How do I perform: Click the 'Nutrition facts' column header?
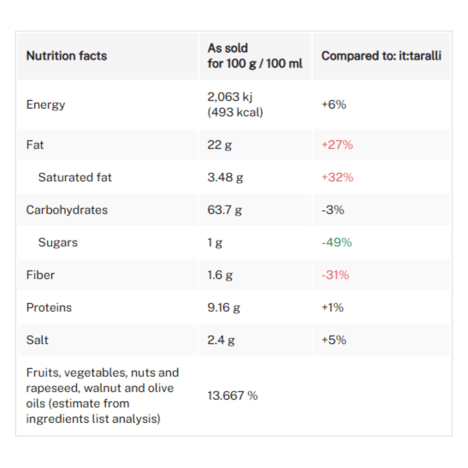(x=66, y=56)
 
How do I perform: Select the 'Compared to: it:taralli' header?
(x=381, y=56)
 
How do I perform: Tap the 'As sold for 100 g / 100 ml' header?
(x=255, y=56)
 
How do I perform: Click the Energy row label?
(x=45, y=104)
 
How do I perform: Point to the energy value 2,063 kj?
(x=230, y=97)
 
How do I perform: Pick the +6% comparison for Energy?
(x=333, y=104)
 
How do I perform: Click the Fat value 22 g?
(x=219, y=145)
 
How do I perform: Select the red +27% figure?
(x=337, y=145)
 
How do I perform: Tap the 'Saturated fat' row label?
(x=75, y=177)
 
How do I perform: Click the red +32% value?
(x=337, y=177)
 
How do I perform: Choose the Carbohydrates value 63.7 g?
(x=225, y=210)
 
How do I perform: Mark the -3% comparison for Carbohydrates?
(x=332, y=210)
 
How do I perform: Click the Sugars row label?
(x=58, y=242)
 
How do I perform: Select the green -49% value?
(x=336, y=242)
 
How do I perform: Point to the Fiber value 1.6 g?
(x=219, y=275)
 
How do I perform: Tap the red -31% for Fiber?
(x=335, y=275)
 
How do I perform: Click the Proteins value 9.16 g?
(x=224, y=307)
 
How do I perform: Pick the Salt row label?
(x=37, y=340)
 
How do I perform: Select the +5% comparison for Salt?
(x=333, y=340)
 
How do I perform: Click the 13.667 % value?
(x=233, y=396)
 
